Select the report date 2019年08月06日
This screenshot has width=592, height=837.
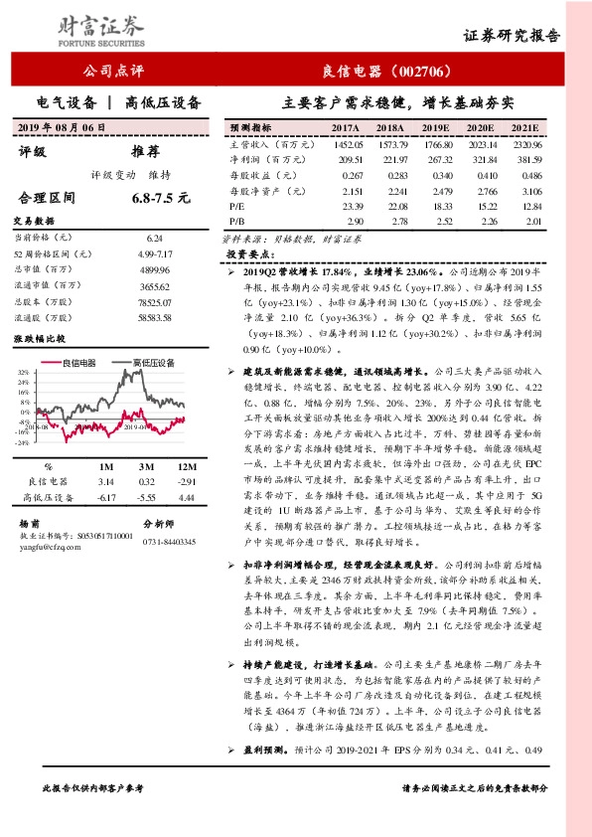pos(61,128)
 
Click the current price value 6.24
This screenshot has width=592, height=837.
pos(153,239)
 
